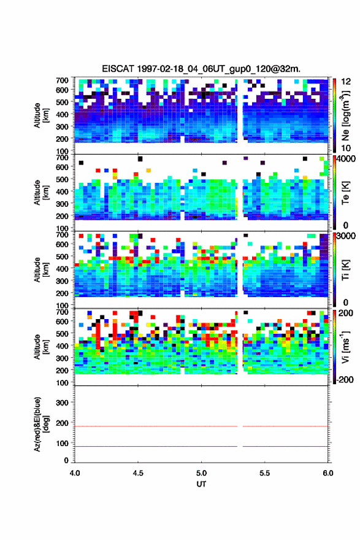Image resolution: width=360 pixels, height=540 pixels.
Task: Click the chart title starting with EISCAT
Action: [201, 69]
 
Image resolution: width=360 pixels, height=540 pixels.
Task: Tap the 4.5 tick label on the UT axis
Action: [138, 473]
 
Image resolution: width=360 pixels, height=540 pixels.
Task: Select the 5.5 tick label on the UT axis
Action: [265, 473]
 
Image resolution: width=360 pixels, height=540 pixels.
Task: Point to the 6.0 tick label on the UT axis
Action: [328, 473]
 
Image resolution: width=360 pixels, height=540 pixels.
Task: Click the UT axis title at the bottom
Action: [201, 484]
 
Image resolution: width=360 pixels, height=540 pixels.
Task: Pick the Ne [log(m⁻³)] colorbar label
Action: [345, 116]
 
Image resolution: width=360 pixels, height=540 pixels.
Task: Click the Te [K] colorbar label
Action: [345, 193]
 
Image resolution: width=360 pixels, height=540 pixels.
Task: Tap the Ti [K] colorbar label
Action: [345, 270]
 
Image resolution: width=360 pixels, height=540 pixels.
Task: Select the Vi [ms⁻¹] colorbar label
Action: [345, 347]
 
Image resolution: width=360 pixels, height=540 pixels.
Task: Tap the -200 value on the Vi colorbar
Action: [343, 379]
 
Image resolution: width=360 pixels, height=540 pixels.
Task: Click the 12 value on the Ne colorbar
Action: [347, 82]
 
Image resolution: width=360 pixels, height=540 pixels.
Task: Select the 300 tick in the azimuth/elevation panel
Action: [63, 403]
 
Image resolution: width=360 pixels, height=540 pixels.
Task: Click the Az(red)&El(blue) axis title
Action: [41, 424]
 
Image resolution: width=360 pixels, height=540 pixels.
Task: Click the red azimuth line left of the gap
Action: [156, 426]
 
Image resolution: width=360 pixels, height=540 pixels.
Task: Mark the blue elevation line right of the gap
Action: [285, 446]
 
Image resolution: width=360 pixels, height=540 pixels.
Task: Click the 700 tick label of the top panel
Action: [63, 80]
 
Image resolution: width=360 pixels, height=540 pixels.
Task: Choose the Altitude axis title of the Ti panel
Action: [40, 270]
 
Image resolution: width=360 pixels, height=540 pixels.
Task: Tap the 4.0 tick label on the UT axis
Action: [75, 473]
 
